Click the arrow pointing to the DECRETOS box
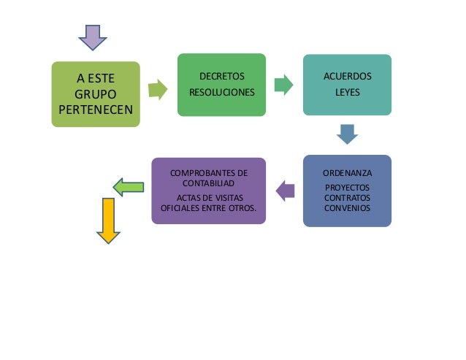pos(158,91)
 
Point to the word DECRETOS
pos(222,76)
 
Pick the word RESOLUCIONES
pos(222,93)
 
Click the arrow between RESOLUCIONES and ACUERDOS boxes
pos(283,85)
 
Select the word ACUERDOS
pos(347,76)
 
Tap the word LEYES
pos(347,93)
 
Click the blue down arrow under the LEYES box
pos(347,134)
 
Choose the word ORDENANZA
pos(347,173)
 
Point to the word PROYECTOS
pos(347,188)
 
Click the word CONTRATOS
pos(347,198)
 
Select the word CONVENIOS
pos(347,207)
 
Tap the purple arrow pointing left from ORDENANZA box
pos(286,191)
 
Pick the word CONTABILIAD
pos(208,183)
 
